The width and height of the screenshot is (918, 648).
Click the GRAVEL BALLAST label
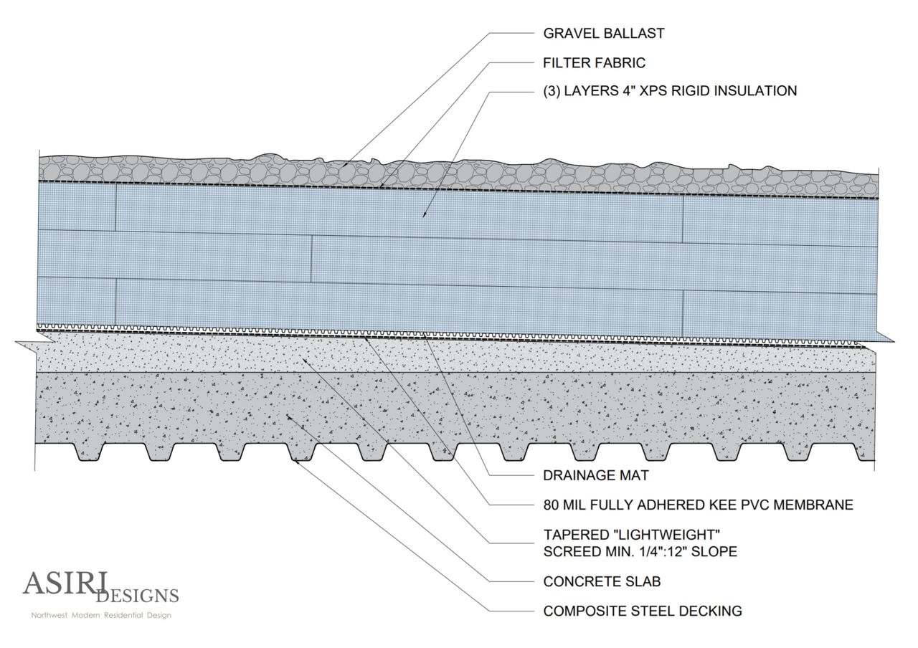603,33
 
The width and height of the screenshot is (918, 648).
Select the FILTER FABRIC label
594,62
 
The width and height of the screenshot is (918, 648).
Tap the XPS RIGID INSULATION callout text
670,91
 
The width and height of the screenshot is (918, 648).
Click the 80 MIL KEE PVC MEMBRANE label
698,505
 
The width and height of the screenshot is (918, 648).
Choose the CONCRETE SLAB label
602,581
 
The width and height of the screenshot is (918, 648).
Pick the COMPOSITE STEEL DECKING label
642,611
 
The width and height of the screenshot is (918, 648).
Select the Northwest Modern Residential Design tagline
100,615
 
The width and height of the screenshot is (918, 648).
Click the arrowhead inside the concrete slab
288,416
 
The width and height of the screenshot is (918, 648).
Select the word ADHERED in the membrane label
658,505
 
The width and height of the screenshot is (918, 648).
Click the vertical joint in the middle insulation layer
311,254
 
